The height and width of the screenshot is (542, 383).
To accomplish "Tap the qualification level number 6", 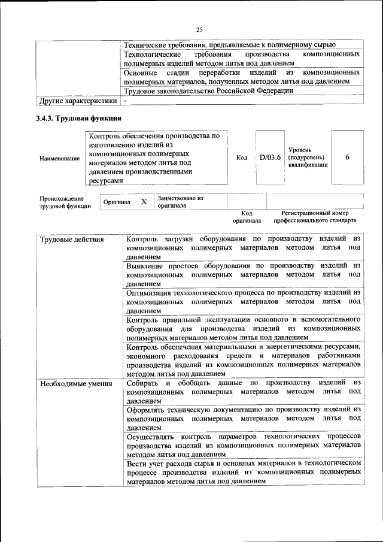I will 347,157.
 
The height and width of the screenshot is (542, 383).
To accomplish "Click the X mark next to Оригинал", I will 144,202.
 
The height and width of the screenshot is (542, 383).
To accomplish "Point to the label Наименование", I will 59,158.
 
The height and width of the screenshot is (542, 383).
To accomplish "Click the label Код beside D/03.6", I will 242,158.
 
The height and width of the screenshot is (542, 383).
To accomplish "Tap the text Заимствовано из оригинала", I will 180,202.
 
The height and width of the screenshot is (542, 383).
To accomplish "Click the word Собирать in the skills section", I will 144,383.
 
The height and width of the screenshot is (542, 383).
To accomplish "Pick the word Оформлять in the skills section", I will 147,410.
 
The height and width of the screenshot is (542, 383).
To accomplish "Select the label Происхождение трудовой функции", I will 62,202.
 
